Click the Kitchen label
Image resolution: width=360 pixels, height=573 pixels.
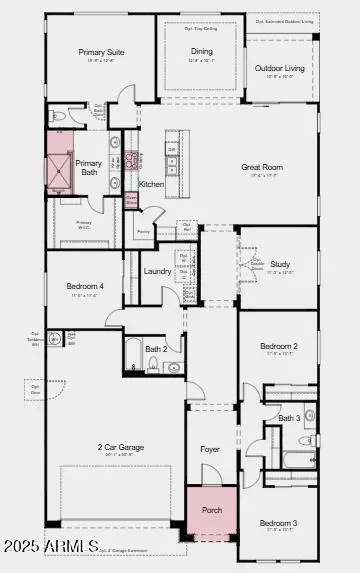pos(151,184)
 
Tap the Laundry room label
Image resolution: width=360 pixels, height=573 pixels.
pos(157,270)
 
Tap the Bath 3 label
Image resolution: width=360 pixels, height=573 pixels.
pos(289,417)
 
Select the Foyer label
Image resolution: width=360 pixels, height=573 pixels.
pos(210,449)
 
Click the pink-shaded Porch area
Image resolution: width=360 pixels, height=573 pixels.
pos(211,511)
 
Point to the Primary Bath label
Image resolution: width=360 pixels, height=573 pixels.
pos(89,168)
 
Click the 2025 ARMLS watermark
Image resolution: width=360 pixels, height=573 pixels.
pos(50,546)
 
